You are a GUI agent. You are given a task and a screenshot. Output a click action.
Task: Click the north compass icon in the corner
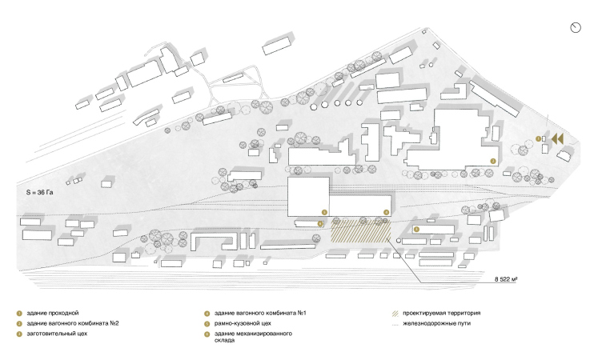click(x=576, y=27)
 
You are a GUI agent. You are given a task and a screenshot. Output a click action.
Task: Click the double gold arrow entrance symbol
click(x=559, y=139)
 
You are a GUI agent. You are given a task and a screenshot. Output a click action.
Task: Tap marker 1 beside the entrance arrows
click(x=539, y=139)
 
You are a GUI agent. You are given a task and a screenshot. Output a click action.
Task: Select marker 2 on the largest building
click(x=493, y=161)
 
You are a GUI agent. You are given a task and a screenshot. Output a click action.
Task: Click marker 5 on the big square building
click(x=323, y=211)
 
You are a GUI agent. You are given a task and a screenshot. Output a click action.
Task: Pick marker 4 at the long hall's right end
click(x=386, y=211)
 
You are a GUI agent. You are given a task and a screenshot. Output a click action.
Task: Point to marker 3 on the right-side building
click(x=416, y=230)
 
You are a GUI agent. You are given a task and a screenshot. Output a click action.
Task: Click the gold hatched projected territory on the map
click(x=360, y=231)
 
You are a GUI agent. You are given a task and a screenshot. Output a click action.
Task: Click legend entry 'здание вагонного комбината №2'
click(x=72, y=322)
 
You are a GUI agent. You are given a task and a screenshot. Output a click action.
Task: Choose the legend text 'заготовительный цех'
click(x=56, y=333)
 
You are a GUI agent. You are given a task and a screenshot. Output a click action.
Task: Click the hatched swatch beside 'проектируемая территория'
click(x=395, y=313)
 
